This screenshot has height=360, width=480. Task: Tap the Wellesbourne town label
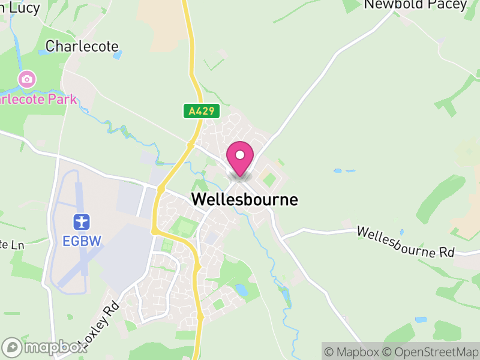click(244, 200)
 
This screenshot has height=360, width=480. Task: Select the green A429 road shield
click(202, 111)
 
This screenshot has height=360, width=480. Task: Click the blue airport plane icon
click(81, 222)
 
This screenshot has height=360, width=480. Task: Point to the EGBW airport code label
click(82, 241)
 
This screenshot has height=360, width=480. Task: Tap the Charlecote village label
click(82, 46)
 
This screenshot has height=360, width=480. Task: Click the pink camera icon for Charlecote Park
click(26, 79)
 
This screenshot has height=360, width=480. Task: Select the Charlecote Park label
click(38, 99)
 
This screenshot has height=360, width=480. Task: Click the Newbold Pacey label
click(415, 5)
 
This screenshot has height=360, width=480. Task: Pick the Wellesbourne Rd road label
click(406, 242)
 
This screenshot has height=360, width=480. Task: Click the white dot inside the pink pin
click(240, 155)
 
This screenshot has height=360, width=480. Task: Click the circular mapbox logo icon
click(11, 347)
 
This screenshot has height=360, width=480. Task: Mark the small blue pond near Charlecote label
click(118, 55)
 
